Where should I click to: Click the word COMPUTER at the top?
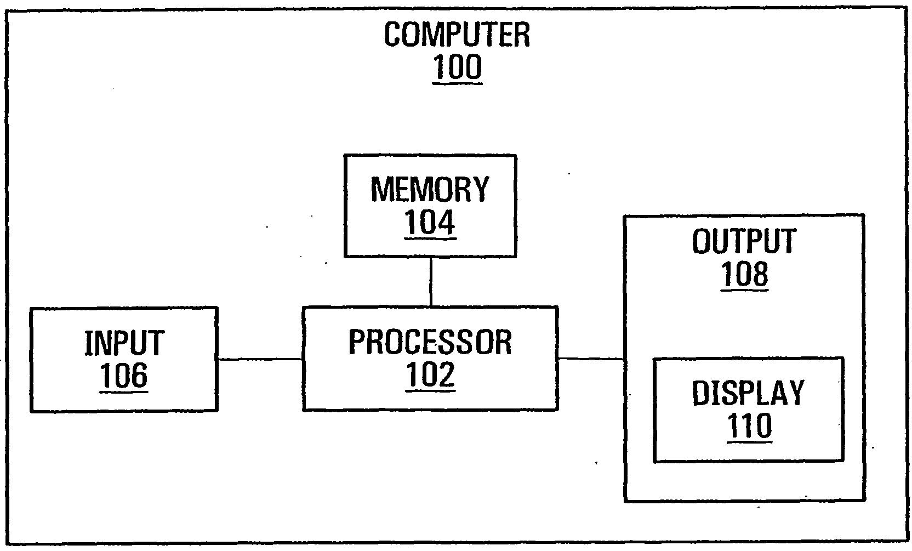click(x=457, y=35)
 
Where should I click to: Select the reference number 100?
click(x=457, y=67)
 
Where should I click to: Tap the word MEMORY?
click(x=430, y=189)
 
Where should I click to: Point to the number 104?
click(x=430, y=222)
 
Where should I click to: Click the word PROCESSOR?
click(x=430, y=342)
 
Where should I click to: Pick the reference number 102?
click(x=430, y=374)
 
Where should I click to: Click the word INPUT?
click(x=124, y=343)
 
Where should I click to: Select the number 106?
click(x=124, y=376)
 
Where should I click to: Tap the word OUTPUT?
click(x=744, y=241)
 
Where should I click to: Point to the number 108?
click(x=744, y=274)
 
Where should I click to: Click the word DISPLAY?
click(x=748, y=393)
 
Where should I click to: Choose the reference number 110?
click(x=749, y=425)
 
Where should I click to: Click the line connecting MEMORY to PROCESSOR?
click(x=431, y=282)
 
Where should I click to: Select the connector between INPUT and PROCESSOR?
click(x=260, y=359)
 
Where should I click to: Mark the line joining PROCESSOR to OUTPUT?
click(x=591, y=359)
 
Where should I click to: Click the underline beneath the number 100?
click(x=457, y=83)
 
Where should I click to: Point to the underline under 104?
click(x=430, y=238)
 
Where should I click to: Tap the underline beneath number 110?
click(x=749, y=441)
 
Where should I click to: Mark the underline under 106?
click(x=124, y=391)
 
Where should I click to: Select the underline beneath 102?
click(x=430, y=390)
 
